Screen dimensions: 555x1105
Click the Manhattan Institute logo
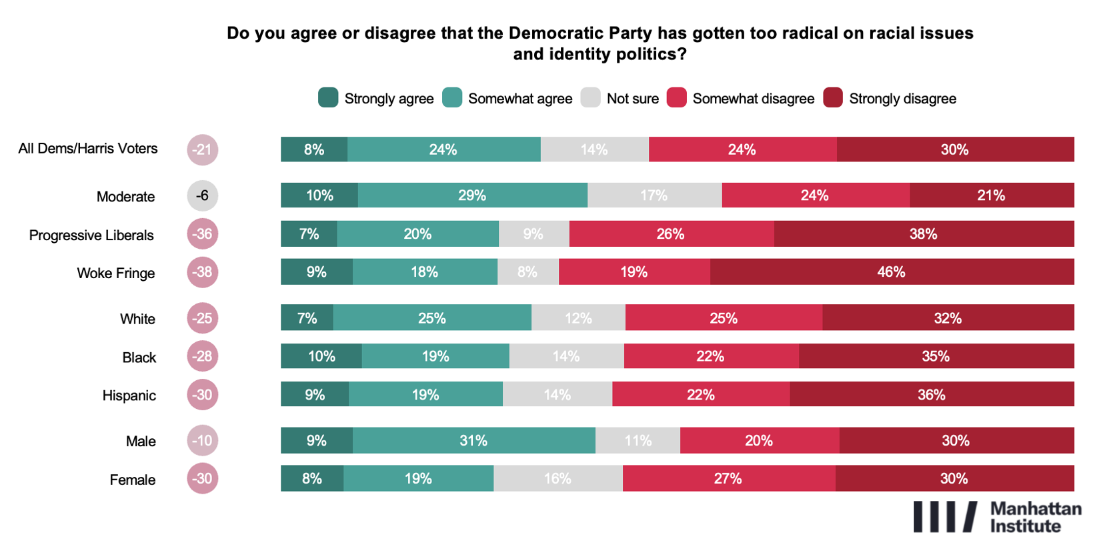[996, 517]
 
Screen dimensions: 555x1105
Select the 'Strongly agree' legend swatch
[328, 98]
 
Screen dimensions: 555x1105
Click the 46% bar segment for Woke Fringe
[892, 272]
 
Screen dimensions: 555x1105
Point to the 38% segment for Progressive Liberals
[924, 234]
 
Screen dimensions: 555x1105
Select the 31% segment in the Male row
[473, 441]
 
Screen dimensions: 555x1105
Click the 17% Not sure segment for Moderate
[654, 195]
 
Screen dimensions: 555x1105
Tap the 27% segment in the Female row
[728, 479]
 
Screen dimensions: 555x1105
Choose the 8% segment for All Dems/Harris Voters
[314, 149]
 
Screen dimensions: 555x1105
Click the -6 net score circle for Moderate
[203, 195]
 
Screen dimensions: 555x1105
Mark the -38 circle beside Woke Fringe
[203, 272]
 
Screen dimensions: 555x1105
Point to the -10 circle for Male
[203, 441]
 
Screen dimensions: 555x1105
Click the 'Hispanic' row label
[129, 396]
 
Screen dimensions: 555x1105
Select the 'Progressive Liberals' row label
[91, 235]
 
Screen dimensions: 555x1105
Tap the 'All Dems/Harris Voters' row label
[88, 149]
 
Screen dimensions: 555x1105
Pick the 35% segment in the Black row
[936, 356]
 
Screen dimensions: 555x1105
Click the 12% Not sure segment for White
[578, 318]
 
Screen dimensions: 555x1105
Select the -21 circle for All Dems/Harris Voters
[203, 149]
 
